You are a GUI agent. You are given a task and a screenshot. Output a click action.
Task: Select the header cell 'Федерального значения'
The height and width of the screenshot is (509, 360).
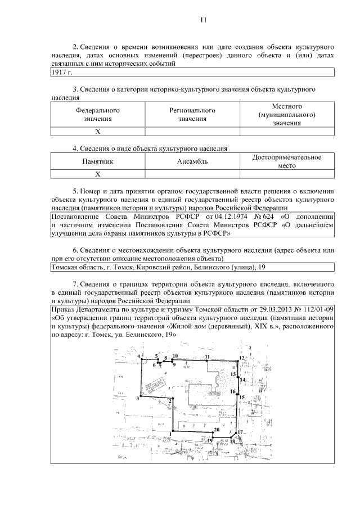[97, 115]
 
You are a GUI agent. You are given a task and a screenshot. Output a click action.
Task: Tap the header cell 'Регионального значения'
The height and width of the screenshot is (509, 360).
[192, 115]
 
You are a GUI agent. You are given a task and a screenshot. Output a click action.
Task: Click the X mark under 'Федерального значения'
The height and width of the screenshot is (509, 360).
[97, 132]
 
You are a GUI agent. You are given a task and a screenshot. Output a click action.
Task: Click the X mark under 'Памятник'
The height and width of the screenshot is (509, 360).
[97, 174]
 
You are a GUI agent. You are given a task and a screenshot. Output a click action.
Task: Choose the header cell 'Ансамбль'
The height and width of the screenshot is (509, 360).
[192, 162]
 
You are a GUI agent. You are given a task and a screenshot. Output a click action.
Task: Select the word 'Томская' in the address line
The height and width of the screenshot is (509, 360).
[65, 268]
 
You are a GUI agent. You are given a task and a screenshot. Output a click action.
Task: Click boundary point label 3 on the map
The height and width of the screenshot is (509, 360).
[137, 399]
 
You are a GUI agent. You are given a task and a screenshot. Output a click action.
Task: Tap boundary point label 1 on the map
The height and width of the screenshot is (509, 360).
[170, 433]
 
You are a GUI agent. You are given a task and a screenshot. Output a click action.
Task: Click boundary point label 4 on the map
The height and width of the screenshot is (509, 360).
[138, 357]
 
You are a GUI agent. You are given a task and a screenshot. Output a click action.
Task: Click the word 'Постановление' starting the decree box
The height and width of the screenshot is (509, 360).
[75, 216]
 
